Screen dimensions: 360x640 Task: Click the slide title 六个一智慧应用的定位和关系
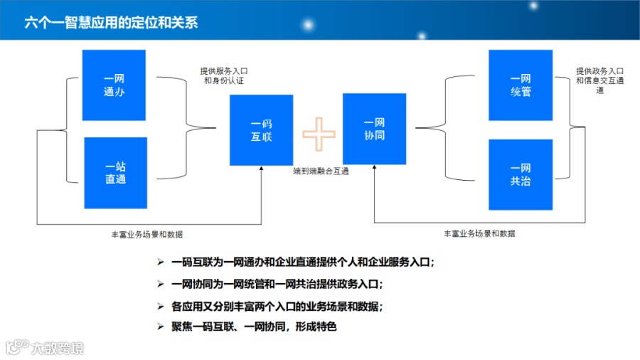point(111,22)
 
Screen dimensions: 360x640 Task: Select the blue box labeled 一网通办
point(114,85)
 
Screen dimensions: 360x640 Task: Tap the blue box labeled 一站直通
point(115,173)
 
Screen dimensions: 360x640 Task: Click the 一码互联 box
point(261,130)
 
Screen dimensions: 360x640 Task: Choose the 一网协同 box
point(374,129)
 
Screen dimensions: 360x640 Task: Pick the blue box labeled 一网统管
point(521,85)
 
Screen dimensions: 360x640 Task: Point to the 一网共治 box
point(521,174)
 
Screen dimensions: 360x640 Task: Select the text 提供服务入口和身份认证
point(224,76)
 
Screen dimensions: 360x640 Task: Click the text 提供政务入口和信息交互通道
point(599,80)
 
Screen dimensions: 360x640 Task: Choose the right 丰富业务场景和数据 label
point(479,233)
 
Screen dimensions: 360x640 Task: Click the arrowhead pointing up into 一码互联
point(262,170)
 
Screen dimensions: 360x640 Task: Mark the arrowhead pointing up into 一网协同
point(374,170)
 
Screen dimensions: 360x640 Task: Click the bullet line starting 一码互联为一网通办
point(302,263)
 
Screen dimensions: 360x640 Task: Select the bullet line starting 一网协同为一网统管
point(277,284)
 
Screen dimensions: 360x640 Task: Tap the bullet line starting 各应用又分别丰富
point(277,307)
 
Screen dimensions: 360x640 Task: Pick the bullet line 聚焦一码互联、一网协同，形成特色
point(252,327)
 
